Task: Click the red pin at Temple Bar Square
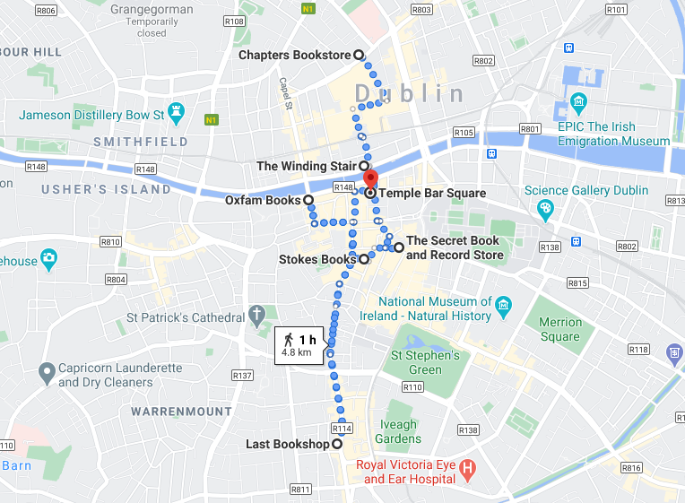pos(369,178)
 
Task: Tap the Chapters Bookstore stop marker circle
pos(359,55)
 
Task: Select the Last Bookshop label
pos(287,445)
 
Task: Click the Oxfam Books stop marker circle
pos(308,200)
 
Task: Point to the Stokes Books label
pos(317,260)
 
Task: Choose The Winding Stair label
pos(306,166)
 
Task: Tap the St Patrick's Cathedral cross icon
pos(257,317)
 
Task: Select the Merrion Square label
pos(559,329)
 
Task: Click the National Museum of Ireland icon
pos(503,305)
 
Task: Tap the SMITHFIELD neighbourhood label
pos(141,142)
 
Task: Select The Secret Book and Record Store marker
pos(398,247)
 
